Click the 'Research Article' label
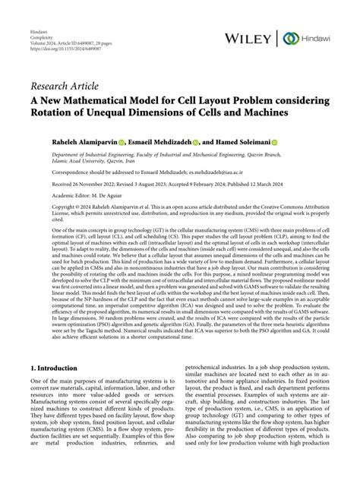point(66,84)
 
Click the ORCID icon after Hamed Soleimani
point(295,141)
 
